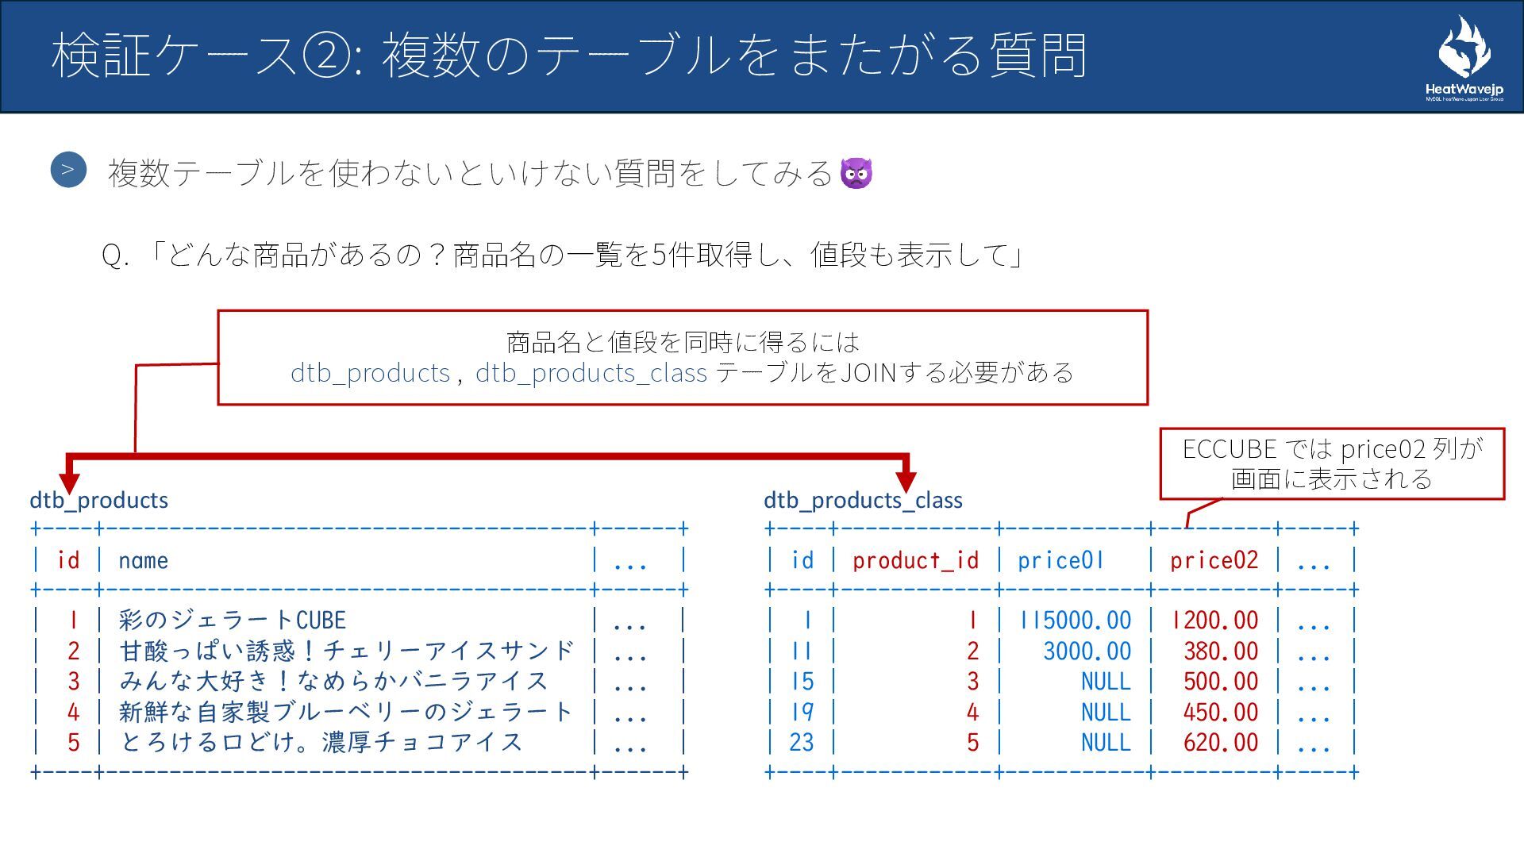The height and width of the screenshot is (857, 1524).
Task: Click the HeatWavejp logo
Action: coord(1464,59)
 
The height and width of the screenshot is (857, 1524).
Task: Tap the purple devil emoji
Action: coord(856,172)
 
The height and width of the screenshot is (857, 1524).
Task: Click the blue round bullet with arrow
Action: coord(68,170)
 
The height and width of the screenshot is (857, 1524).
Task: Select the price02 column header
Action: coord(1214,560)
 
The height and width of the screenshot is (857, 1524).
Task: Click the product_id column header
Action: coord(915,560)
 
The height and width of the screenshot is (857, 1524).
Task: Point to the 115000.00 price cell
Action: coord(1076,620)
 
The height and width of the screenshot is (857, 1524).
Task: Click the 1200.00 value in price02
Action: coord(1214,620)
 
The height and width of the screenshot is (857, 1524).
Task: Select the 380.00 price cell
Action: coord(1221,651)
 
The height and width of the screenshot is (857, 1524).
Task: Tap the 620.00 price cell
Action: coord(1221,742)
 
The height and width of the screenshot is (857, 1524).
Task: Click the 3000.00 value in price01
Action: coord(1087,651)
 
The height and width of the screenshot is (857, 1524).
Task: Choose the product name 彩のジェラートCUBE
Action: coord(233,620)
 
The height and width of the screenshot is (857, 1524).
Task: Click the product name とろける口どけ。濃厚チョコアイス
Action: coord(321,742)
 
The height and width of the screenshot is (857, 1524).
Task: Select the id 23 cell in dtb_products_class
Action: coord(801,742)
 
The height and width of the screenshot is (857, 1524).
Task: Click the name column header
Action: coord(143,560)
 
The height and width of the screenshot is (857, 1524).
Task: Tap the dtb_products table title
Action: coord(99,500)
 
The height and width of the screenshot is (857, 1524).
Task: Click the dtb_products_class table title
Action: coord(863,500)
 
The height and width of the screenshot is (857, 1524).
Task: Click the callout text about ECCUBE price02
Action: coord(1332,463)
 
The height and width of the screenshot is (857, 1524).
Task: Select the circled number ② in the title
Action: coord(325,56)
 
